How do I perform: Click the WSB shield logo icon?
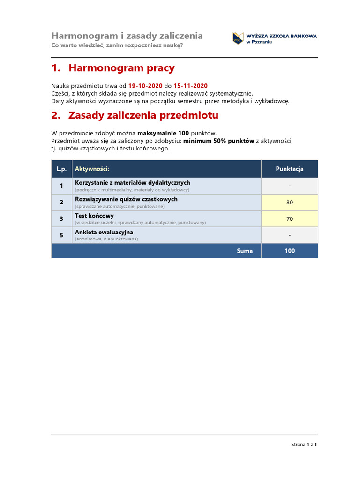pyautogui.click(x=238, y=38)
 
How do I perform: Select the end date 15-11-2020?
pyautogui.click(x=190, y=86)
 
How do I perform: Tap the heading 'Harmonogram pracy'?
pyautogui.click(x=121, y=68)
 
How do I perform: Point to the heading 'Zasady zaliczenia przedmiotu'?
pyautogui.click(x=143, y=115)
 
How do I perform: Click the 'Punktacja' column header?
pyautogui.click(x=289, y=169)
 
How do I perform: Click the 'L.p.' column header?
pyautogui.click(x=61, y=169)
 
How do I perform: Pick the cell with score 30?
pyautogui.click(x=289, y=202)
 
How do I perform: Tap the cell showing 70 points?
pyautogui.click(x=289, y=219)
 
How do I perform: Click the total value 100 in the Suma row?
pyautogui.click(x=289, y=251)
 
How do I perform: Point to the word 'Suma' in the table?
pyautogui.click(x=245, y=251)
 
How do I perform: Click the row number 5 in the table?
pyautogui.click(x=61, y=235)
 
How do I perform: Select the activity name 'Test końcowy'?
pyautogui.click(x=94, y=216)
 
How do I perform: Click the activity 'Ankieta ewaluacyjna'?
pyautogui.click(x=104, y=232)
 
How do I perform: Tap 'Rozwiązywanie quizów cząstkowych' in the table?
pyautogui.click(x=126, y=199)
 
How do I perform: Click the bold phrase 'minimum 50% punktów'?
pyautogui.click(x=218, y=141)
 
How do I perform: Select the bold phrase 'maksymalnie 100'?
pyautogui.click(x=163, y=133)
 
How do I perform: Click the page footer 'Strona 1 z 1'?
pyautogui.click(x=304, y=444)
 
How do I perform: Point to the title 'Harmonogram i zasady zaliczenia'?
pyautogui.click(x=127, y=36)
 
